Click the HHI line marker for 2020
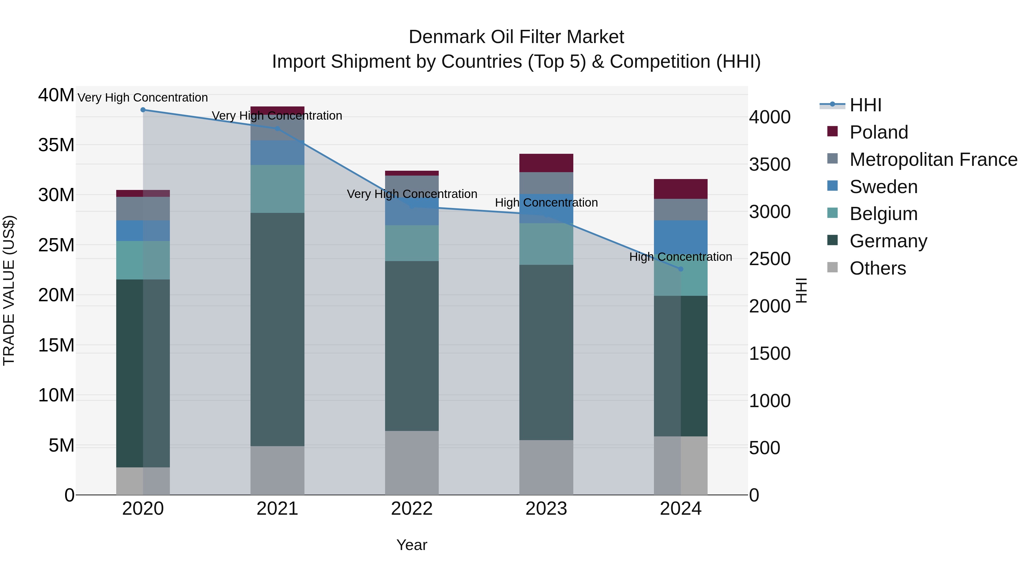(143, 110)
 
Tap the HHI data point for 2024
(681, 269)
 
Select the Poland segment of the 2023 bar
(546, 163)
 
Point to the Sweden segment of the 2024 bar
(681, 237)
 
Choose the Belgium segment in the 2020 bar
(143, 260)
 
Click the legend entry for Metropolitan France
(933, 160)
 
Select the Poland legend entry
(879, 132)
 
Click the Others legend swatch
(832, 267)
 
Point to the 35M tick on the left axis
(56, 145)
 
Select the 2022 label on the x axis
(412, 509)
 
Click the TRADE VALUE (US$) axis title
(9, 290)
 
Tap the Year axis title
(412, 545)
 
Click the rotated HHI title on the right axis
(801, 290)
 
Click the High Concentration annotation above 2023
(546, 203)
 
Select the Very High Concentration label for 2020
(143, 98)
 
